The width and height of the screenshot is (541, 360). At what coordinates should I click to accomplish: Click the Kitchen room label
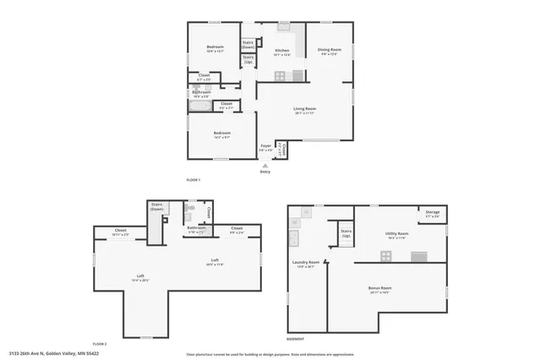282,52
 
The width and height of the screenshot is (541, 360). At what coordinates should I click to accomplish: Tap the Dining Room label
330,51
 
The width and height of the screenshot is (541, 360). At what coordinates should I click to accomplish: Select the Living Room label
304,110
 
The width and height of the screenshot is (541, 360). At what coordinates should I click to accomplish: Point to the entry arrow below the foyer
265,166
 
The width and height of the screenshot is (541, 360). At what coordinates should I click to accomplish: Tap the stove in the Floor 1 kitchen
297,76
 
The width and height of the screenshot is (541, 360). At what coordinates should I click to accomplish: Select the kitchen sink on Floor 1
284,27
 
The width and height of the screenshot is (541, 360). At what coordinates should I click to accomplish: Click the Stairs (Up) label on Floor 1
249,61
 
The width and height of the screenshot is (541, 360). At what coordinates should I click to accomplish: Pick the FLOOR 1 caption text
194,181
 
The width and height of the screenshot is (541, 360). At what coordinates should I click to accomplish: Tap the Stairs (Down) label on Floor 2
157,206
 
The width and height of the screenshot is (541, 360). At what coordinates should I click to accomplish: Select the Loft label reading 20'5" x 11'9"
215,261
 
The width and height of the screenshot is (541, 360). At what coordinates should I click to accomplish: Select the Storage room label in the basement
433,215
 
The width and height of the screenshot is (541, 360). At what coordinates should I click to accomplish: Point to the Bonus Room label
380,290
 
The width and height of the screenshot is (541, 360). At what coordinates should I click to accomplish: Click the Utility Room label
397,235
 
